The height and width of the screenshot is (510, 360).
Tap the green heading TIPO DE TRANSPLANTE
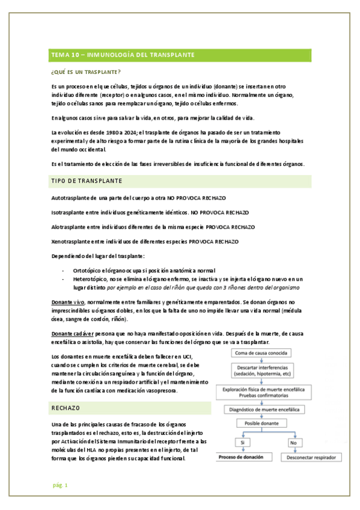click(x=87, y=181)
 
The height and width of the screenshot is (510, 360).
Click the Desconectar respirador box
click(x=310, y=458)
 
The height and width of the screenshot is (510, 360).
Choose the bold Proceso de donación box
click(x=242, y=458)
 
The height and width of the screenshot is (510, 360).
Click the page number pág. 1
click(x=59, y=485)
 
